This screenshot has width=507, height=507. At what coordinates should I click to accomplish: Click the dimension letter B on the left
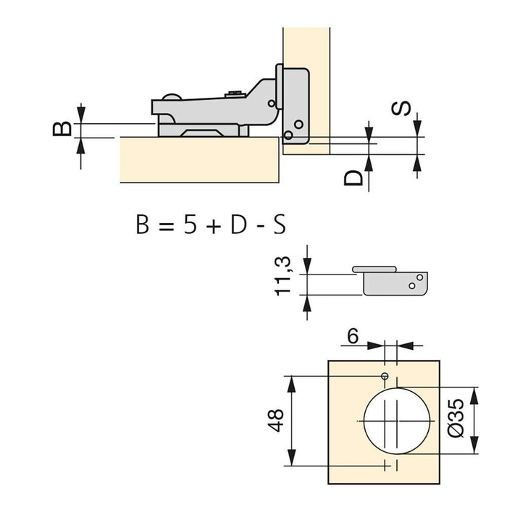click(63, 129)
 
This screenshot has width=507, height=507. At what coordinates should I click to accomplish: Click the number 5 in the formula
click(190, 225)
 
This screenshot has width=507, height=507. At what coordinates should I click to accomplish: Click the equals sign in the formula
click(164, 225)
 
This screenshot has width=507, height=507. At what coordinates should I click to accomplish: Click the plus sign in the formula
click(214, 225)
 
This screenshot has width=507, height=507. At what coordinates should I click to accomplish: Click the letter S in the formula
click(277, 225)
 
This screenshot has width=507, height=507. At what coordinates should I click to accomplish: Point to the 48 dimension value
click(276, 420)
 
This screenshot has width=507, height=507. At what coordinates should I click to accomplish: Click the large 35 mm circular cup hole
click(398, 420)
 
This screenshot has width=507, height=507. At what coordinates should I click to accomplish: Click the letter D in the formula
click(239, 225)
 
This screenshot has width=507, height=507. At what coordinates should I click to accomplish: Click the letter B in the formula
click(143, 225)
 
